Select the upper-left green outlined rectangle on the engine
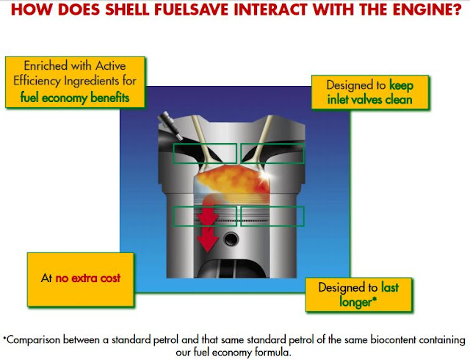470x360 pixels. (205, 153)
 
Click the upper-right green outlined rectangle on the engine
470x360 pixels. (272, 153)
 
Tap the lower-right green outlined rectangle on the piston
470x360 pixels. (272, 216)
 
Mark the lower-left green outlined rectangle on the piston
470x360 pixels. (205, 216)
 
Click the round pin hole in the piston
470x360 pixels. (233, 240)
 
